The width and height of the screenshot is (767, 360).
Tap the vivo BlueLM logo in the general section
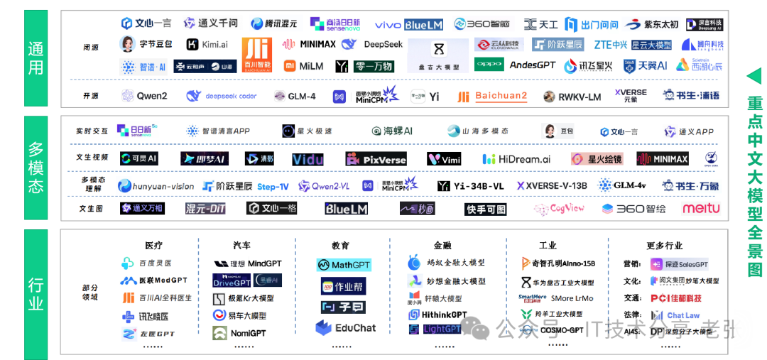(x=408, y=25)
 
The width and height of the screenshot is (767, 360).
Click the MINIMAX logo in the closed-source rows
(x=309, y=45)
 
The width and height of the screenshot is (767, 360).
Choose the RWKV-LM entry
(x=572, y=97)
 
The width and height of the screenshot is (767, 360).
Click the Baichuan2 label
(x=492, y=96)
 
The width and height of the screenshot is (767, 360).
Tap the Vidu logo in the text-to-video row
(x=308, y=159)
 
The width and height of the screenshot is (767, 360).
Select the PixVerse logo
(x=376, y=159)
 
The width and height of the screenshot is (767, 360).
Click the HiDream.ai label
(x=516, y=159)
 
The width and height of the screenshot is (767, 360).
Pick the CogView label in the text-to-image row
(x=559, y=209)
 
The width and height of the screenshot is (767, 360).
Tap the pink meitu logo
(x=701, y=209)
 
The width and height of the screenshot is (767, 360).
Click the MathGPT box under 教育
(x=343, y=265)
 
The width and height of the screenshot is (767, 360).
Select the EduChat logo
(x=346, y=328)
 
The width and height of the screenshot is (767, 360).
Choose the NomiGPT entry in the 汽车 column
(x=239, y=333)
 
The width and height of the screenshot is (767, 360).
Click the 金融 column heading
(x=442, y=246)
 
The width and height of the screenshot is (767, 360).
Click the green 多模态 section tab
(x=36, y=168)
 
